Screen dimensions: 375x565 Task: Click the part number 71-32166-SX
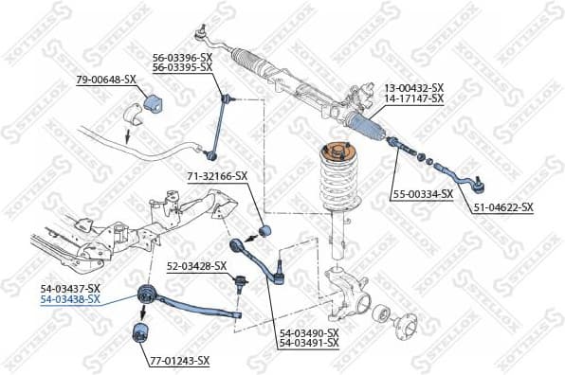point(216,176)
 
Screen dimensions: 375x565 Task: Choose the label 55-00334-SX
point(424,195)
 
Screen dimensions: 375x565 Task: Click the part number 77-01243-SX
point(178,361)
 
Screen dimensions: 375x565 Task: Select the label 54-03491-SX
point(308,343)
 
